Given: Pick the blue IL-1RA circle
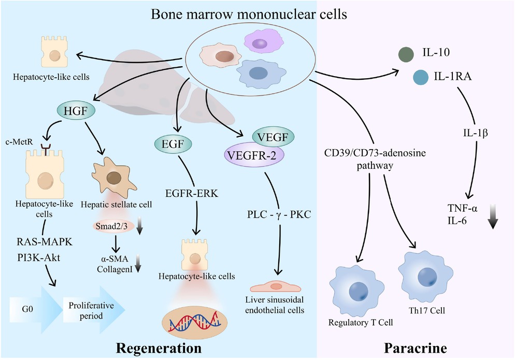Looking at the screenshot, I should (x=421, y=78).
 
